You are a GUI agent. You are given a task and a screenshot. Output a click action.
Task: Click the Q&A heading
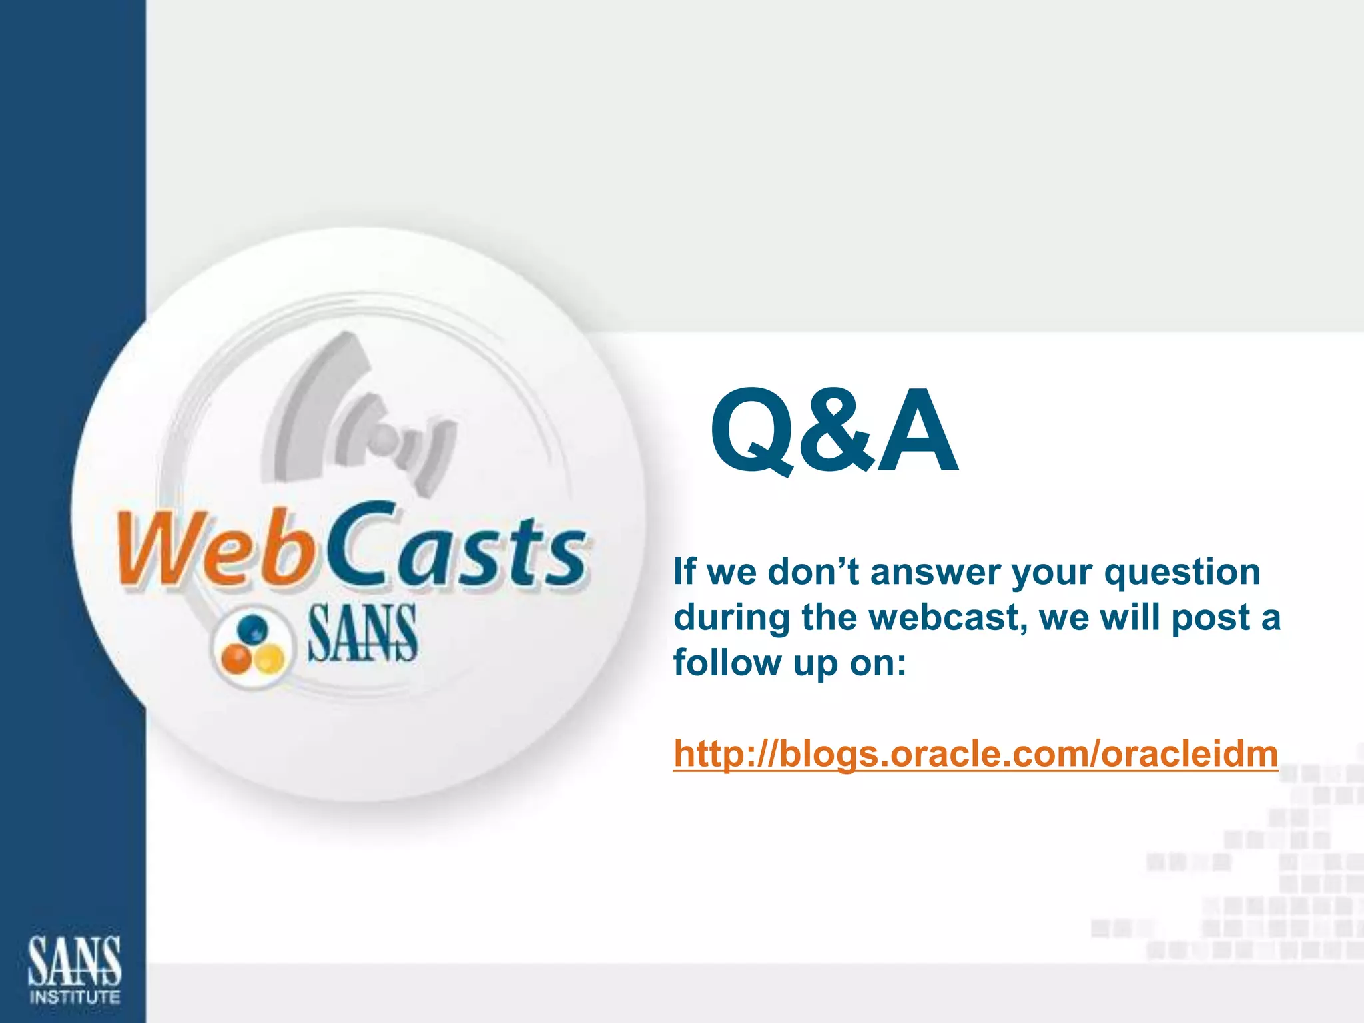pos(833,431)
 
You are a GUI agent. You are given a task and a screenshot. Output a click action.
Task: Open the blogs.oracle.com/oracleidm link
pos(975,754)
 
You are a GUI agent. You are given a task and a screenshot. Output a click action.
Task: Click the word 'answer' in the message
pos(936,573)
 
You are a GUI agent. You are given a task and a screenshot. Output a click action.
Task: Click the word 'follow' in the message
pos(727,663)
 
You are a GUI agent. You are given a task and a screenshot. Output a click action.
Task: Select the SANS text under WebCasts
pos(362,633)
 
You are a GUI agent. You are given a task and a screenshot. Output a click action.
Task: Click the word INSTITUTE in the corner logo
pos(75,997)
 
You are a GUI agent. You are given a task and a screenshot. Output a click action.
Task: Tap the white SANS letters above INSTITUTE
pos(75,961)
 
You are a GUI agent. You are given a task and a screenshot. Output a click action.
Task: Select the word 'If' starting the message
pos(684,573)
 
